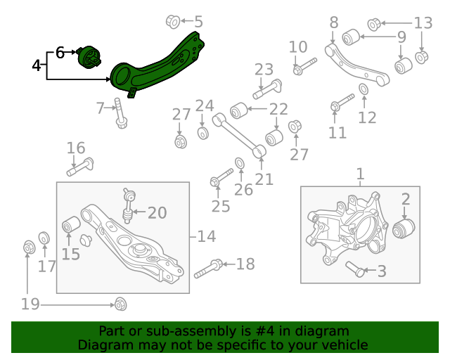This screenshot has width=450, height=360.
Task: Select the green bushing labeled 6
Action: click(x=89, y=56)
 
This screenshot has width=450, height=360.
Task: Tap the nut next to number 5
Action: click(x=172, y=22)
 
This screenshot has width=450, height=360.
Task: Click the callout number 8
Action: click(x=334, y=22)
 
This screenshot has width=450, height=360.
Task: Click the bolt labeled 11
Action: click(x=341, y=102)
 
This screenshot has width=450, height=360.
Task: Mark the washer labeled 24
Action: click(x=202, y=132)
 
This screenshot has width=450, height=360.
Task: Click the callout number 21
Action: click(x=264, y=179)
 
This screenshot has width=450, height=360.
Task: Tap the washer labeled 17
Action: click(x=43, y=239)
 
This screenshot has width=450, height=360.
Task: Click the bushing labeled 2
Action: click(x=405, y=229)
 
